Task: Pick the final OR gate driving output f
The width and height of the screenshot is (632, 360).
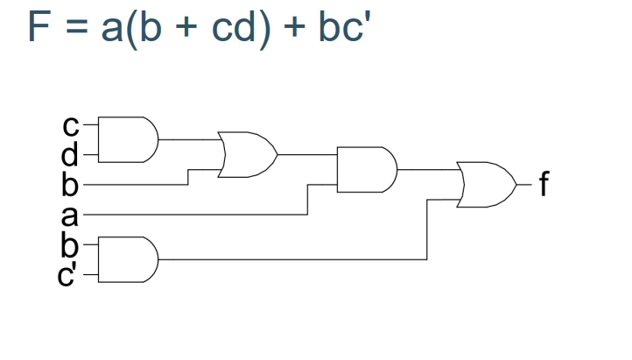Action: [x=487, y=184]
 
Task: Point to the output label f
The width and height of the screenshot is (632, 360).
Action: [x=545, y=186]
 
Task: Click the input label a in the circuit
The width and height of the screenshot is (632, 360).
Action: [x=70, y=214]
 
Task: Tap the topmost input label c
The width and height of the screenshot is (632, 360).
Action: [x=70, y=128]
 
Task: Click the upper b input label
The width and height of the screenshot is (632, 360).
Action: [x=70, y=186]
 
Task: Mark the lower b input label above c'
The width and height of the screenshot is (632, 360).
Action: [x=70, y=246]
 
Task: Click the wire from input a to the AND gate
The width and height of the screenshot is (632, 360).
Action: [x=193, y=214]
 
